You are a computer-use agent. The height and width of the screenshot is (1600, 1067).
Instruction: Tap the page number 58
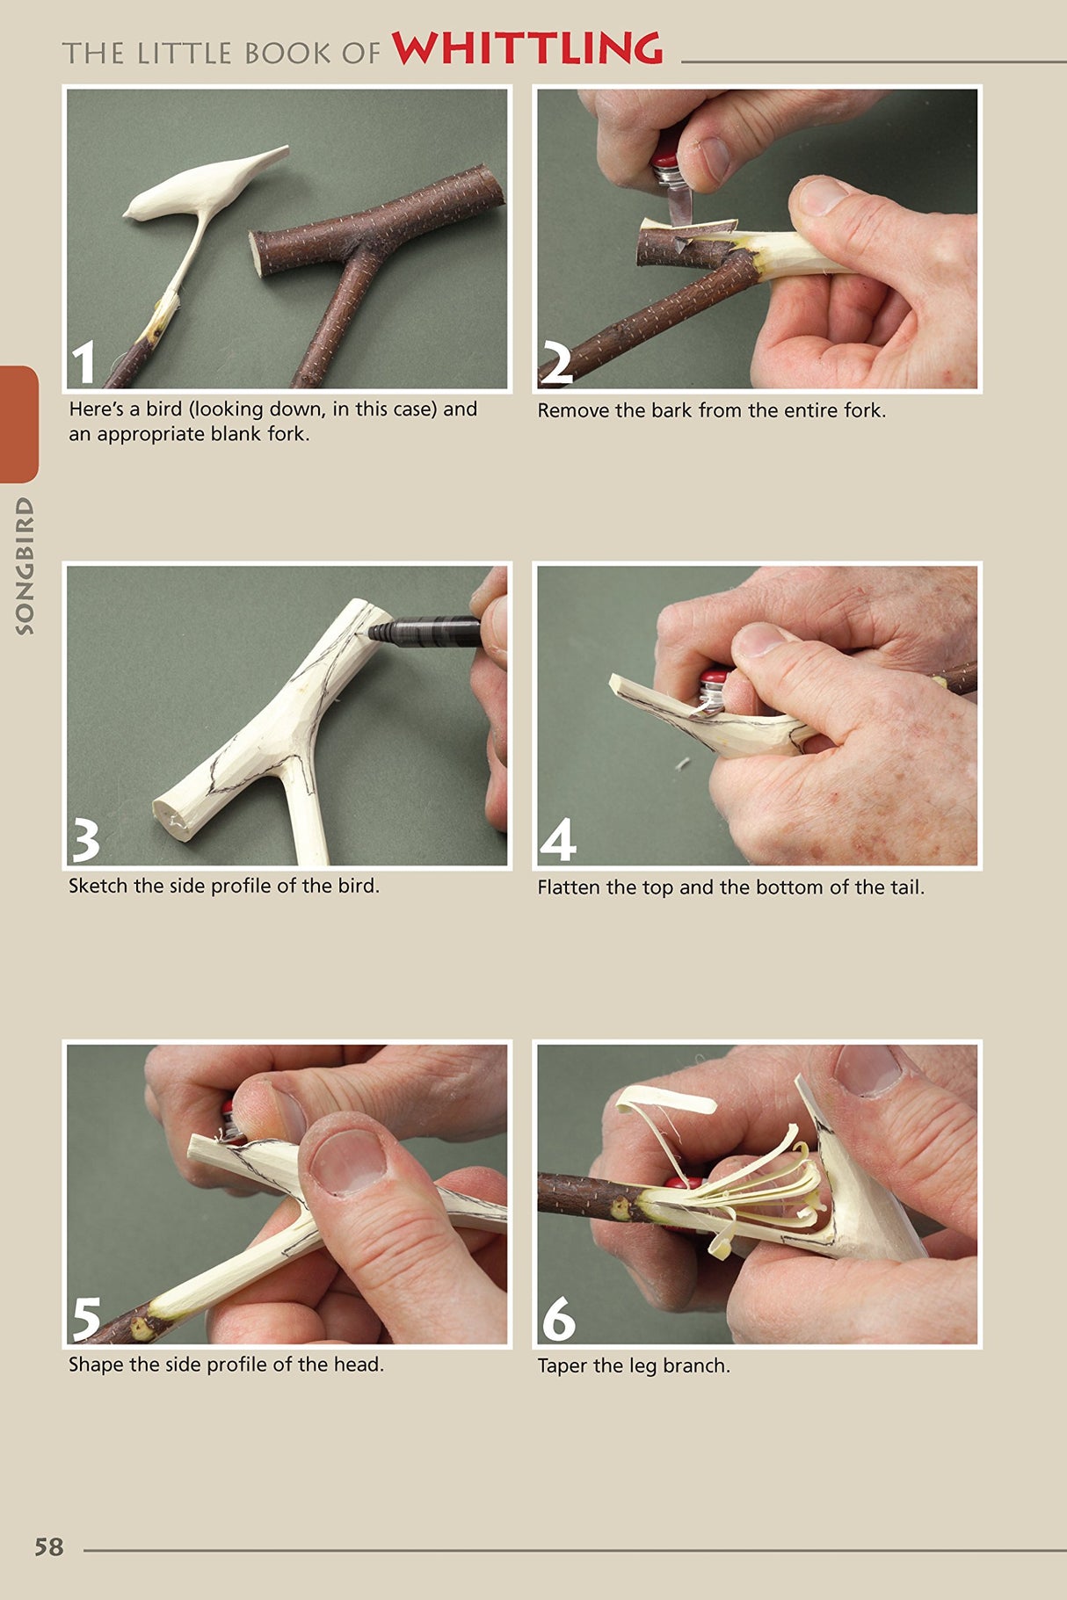pos(49,1546)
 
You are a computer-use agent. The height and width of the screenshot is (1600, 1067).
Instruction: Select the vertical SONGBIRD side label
pos(25,566)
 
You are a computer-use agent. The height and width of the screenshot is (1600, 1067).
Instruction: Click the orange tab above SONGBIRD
pos(18,424)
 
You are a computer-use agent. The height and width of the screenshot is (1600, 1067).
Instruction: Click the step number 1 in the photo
pos(83,363)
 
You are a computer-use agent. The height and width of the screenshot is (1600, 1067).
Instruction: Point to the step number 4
pos(557,840)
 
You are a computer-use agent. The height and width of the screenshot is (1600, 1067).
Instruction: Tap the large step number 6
pos(558,1319)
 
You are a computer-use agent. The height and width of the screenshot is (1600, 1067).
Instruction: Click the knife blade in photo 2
pos(678,206)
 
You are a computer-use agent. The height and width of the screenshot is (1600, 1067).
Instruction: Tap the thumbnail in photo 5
pos(348,1161)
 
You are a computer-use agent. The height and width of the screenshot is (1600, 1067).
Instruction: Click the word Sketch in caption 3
pos(98,886)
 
